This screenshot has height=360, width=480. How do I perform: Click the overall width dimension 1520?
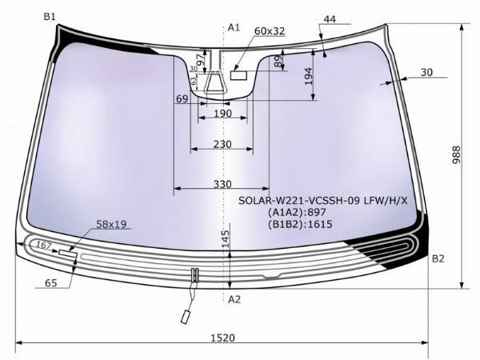coord(223,338)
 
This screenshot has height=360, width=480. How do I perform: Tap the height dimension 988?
coord(456,154)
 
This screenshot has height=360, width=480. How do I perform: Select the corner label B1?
coord(50,17)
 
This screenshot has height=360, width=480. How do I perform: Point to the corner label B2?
coord(438,258)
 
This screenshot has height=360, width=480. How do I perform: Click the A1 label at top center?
coord(234,27)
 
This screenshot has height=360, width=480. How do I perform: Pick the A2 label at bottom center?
coord(234,299)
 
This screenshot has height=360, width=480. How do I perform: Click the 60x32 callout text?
coord(270,31)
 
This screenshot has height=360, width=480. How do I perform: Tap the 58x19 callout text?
coord(111,224)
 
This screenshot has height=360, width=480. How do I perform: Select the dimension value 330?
coord(222,184)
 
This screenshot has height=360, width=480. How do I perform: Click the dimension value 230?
coord(222,144)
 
